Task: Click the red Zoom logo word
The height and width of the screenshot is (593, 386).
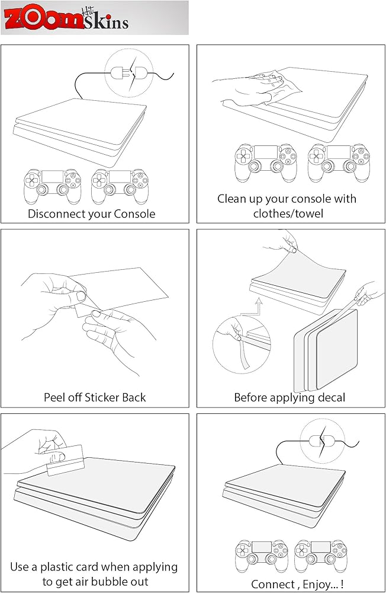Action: pos(43,18)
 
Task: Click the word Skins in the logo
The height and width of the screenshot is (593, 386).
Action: pos(106,22)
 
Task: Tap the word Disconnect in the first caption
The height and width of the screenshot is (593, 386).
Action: pos(58,214)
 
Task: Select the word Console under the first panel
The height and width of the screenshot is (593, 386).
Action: pos(134,214)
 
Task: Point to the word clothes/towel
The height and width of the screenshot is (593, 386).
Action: pos(288,213)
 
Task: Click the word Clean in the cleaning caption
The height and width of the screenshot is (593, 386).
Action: pos(231,199)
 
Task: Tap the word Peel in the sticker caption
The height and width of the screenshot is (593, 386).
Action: pos(55,397)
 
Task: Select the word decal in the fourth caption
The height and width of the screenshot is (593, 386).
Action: pos(331,397)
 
